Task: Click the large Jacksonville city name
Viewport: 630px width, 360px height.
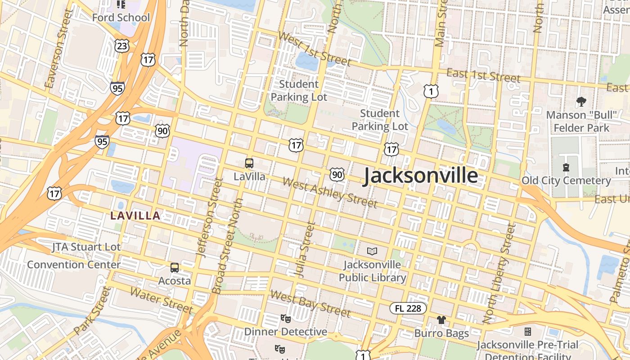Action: [420, 175]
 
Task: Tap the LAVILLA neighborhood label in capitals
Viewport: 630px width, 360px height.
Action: [135, 216]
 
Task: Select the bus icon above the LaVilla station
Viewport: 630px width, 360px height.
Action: [249, 163]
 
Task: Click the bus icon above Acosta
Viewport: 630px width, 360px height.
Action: [175, 268]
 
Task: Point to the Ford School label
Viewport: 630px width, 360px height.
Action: [121, 18]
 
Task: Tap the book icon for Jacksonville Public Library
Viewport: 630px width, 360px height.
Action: [372, 251]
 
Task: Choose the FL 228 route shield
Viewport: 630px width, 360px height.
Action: [408, 308]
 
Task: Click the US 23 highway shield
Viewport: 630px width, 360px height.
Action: [122, 45]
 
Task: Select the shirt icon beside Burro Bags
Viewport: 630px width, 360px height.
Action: [441, 320]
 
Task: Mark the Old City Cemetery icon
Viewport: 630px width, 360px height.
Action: [566, 167]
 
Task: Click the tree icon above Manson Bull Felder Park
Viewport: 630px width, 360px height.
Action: [581, 101]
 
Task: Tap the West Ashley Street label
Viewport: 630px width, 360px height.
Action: [330, 193]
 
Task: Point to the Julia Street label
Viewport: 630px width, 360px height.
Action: [305, 250]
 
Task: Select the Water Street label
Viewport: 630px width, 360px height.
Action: [161, 300]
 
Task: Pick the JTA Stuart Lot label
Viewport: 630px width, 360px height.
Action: [86, 247]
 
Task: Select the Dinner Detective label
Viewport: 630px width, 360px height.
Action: [285, 332]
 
